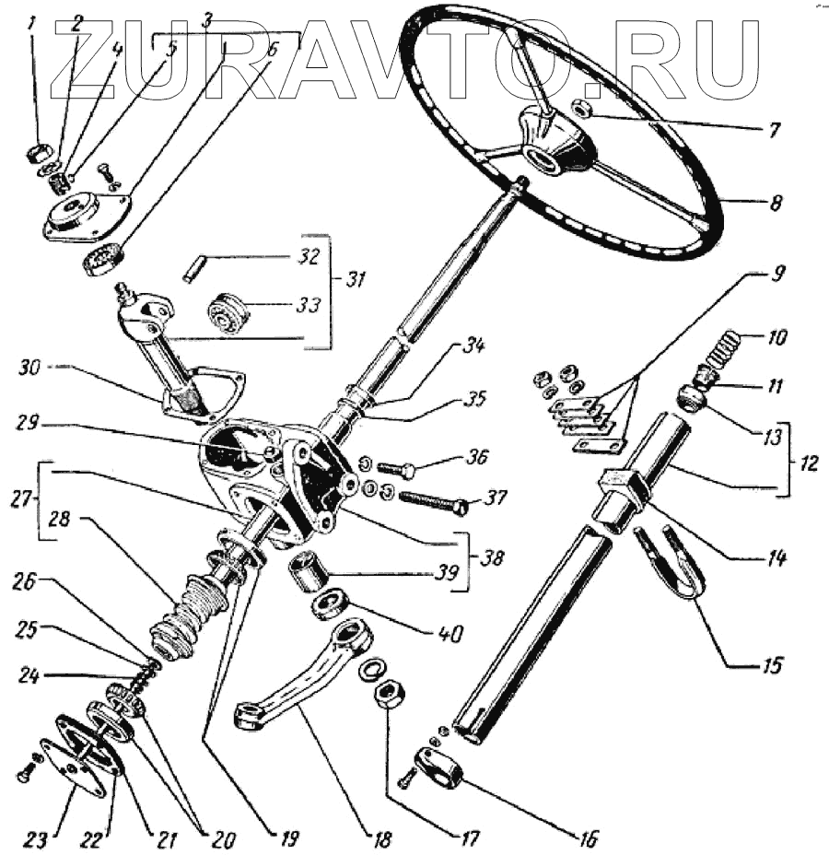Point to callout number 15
tap(766, 665)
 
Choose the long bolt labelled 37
tap(431, 501)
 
